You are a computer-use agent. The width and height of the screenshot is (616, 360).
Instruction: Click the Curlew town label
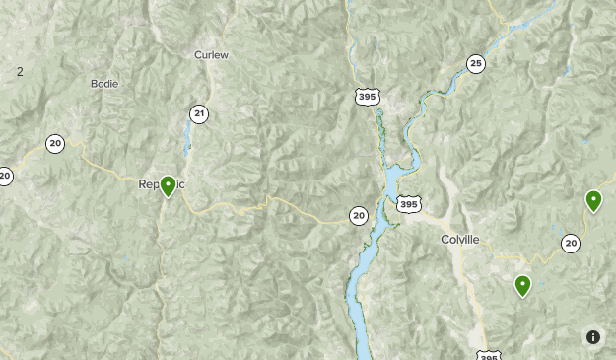click(x=211, y=55)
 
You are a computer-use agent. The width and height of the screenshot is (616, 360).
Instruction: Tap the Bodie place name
click(x=104, y=84)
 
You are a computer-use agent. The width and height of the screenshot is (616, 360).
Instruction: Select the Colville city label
click(x=460, y=240)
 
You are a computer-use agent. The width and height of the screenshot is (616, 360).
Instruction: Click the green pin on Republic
click(x=169, y=185)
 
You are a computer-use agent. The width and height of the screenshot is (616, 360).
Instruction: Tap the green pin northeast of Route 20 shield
click(x=593, y=201)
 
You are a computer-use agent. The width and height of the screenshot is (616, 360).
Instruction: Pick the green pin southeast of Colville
click(x=522, y=286)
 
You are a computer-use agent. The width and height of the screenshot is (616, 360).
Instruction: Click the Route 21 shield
click(x=199, y=114)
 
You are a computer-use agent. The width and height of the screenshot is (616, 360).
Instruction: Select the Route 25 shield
click(x=476, y=64)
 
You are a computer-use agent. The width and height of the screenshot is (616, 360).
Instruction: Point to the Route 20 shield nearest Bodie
click(x=55, y=144)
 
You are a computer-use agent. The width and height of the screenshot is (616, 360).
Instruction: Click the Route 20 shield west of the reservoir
click(x=358, y=215)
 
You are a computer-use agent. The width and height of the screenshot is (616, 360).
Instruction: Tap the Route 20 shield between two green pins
click(x=571, y=243)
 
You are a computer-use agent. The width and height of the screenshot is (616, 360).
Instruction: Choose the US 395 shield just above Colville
click(x=408, y=204)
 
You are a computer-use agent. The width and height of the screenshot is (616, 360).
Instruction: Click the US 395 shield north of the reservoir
click(x=367, y=97)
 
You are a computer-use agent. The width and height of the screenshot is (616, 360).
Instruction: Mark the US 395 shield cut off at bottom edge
click(x=488, y=355)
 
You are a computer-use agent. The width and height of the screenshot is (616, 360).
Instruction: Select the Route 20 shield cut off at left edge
click(x=5, y=177)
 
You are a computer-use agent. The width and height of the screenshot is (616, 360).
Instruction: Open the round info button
click(x=593, y=337)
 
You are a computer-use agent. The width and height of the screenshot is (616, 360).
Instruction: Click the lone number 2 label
click(x=20, y=72)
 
